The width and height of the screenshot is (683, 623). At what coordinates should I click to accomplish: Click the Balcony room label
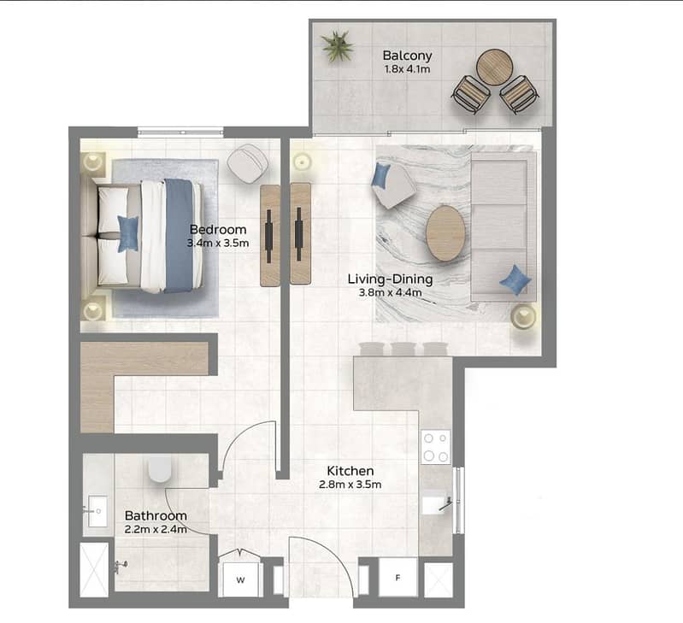[x=407, y=56]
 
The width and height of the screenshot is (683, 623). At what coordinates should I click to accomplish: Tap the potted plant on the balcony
[x=337, y=45]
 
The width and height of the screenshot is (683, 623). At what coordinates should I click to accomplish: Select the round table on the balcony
[x=493, y=67]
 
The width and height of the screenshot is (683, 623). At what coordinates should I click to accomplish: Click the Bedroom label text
[x=218, y=229]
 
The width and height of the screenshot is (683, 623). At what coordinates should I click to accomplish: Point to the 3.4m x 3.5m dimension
[x=218, y=243]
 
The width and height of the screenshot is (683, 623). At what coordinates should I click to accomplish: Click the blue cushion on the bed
[x=128, y=234]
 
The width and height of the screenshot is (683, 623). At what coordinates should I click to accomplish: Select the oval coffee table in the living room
[x=445, y=233]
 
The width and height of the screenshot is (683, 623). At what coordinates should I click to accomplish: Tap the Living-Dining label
[x=391, y=279]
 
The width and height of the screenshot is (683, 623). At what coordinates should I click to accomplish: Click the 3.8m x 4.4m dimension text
[x=391, y=292]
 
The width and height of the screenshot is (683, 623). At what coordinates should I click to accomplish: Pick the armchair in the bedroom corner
[x=247, y=163]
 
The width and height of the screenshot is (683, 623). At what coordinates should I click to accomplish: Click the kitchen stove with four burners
[x=436, y=447]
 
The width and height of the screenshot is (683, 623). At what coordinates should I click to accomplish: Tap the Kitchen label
[x=350, y=471]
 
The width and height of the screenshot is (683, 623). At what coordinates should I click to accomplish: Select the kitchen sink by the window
[x=437, y=503]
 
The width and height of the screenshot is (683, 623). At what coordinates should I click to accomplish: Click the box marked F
[x=397, y=578]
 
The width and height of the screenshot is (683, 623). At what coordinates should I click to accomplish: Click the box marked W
[x=240, y=579]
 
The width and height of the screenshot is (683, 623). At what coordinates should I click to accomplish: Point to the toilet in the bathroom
[x=160, y=469]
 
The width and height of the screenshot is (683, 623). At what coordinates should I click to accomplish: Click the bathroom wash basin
[x=97, y=511]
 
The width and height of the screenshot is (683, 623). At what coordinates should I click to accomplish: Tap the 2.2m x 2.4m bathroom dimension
[x=156, y=529]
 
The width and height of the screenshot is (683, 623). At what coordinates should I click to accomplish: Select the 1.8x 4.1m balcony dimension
[x=407, y=69]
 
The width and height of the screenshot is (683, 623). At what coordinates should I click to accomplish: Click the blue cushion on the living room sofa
[x=515, y=280]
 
